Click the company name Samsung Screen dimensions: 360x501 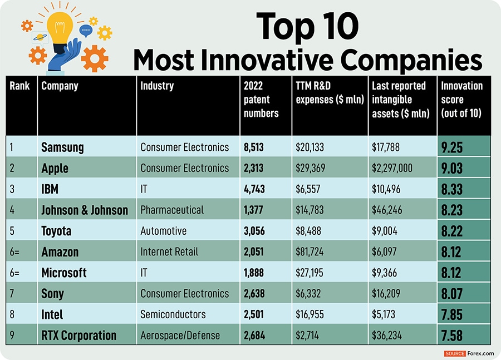(x=62, y=147)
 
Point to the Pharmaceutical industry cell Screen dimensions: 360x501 (x=172, y=210)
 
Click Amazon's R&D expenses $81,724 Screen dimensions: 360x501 (x=310, y=252)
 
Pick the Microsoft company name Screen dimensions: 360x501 (x=64, y=273)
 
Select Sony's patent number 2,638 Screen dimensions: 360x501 (x=257, y=294)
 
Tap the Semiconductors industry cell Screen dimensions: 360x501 (x=173, y=314)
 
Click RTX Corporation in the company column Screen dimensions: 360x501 (x=79, y=336)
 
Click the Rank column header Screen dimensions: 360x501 (x=19, y=86)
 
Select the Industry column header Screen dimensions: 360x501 (x=157, y=86)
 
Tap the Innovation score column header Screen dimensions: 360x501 (x=462, y=99)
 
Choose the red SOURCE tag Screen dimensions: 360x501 (x=455, y=353)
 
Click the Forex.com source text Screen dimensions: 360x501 (x=480, y=353)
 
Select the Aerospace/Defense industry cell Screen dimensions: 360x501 (x=180, y=336)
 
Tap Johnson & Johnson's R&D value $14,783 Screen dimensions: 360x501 (x=310, y=210)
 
